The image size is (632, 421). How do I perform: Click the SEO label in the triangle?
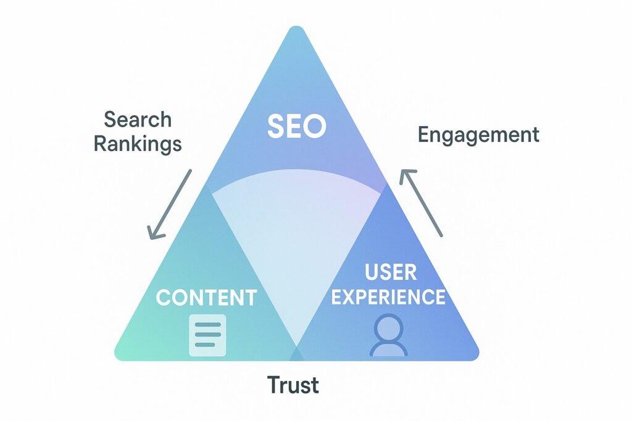click(296, 126)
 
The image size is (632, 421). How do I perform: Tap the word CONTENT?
click(206, 298)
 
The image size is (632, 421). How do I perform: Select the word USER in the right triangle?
click(390, 272)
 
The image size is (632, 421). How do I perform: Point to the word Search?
click(138, 120)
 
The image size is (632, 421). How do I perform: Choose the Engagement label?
click(478, 134)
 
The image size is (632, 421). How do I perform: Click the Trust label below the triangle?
click(293, 386)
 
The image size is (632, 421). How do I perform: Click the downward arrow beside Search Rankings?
click(170, 204)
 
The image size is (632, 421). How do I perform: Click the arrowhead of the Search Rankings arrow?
click(153, 234)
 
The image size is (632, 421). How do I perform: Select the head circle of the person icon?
click(388, 327)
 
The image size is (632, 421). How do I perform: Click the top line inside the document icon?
click(207, 325)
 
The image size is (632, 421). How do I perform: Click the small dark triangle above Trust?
click(297, 354)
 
